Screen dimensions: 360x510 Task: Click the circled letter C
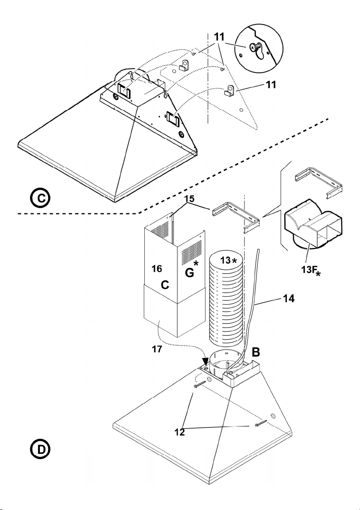click(x=40, y=198)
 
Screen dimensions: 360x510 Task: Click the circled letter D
click(x=40, y=449)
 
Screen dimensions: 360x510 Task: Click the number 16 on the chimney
click(x=156, y=268)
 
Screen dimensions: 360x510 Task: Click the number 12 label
click(x=179, y=432)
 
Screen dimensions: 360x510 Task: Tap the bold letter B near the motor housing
click(x=256, y=352)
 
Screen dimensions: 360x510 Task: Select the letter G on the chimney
click(x=189, y=273)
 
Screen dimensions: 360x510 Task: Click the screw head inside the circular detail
click(x=253, y=48)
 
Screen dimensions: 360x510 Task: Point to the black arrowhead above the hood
click(x=205, y=361)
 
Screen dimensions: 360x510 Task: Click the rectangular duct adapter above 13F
click(x=313, y=224)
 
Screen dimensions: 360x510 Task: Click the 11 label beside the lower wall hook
click(x=271, y=84)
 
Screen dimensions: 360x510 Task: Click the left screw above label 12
click(x=198, y=385)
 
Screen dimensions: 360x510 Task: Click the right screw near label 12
click(x=261, y=424)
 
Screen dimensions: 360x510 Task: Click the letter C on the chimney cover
click(x=165, y=285)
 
